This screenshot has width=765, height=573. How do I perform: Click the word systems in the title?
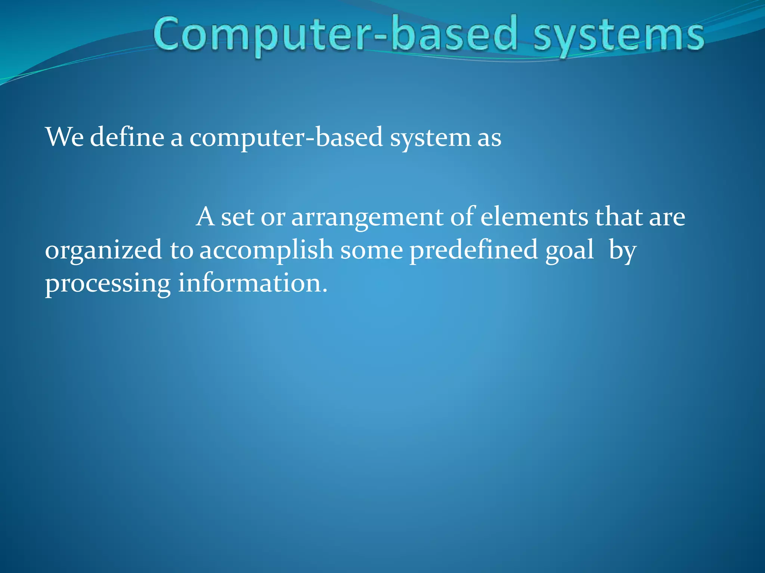click(x=618, y=36)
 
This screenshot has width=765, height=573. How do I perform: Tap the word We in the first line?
click(x=64, y=137)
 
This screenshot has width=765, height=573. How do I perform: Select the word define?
click(x=127, y=137)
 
